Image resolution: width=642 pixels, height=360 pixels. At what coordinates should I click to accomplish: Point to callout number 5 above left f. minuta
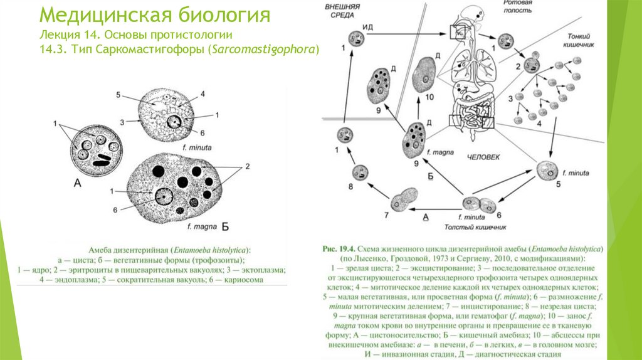coord(117,95)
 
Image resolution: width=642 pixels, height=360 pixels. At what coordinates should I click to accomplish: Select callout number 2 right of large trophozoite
coord(247,166)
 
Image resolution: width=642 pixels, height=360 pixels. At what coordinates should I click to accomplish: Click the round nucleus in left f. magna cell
coord(166,197)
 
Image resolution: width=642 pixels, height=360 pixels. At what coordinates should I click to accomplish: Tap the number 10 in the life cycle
coord(429,97)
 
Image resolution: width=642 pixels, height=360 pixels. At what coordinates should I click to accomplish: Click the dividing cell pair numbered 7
coord(404,201)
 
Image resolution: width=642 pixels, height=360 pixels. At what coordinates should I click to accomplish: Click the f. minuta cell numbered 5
coord(548,170)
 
